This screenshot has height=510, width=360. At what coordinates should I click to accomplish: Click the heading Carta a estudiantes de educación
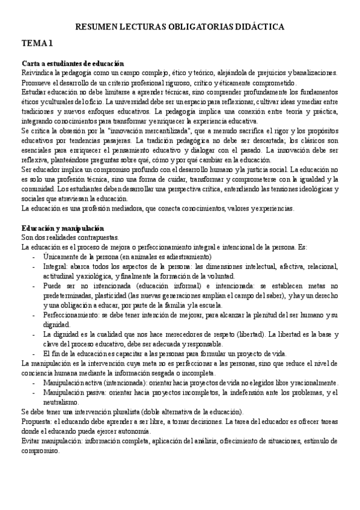pyautogui.click(x=73, y=63)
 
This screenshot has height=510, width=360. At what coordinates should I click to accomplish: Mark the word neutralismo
pyautogui.click(x=62, y=402)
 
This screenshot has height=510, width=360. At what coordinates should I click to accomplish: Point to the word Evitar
pyautogui.click(x=31, y=441)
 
